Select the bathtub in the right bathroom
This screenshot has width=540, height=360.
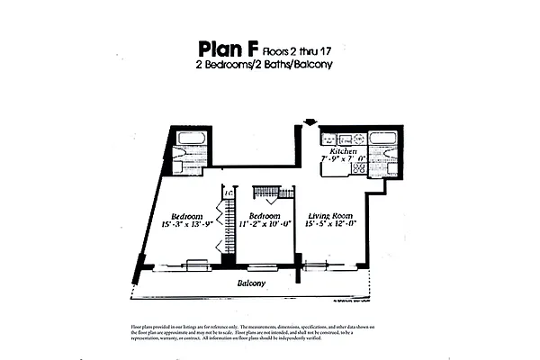tap(382, 139)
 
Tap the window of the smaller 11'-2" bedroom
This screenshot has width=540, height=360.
tap(262, 265)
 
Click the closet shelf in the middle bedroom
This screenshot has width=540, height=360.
tap(273, 192)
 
